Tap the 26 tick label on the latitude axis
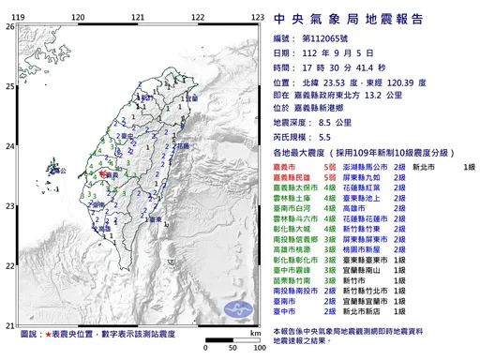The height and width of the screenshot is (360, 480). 10,27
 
